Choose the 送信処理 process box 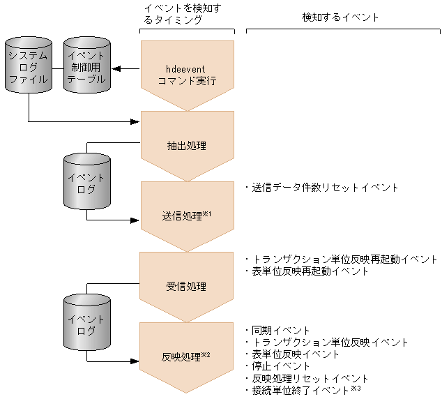[187, 216]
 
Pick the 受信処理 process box [187, 286]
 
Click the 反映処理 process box [187, 356]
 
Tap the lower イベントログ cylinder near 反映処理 [86, 324]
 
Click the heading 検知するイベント [340, 17]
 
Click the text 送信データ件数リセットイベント [322, 188]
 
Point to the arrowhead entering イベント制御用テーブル [117, 68]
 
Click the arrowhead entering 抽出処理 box [136, 122]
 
